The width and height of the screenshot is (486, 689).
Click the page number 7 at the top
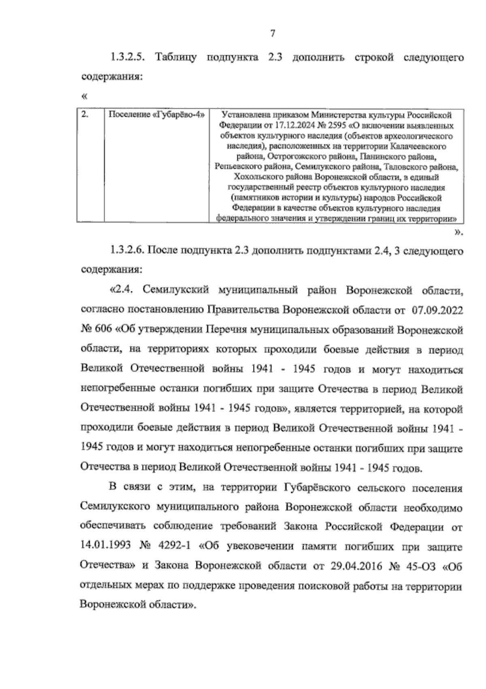point(273,34)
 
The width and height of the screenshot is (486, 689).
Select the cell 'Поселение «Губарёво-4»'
point(156,115)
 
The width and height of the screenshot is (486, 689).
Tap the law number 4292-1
point(174,547)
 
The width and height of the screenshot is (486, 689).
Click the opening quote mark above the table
point(84,96)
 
